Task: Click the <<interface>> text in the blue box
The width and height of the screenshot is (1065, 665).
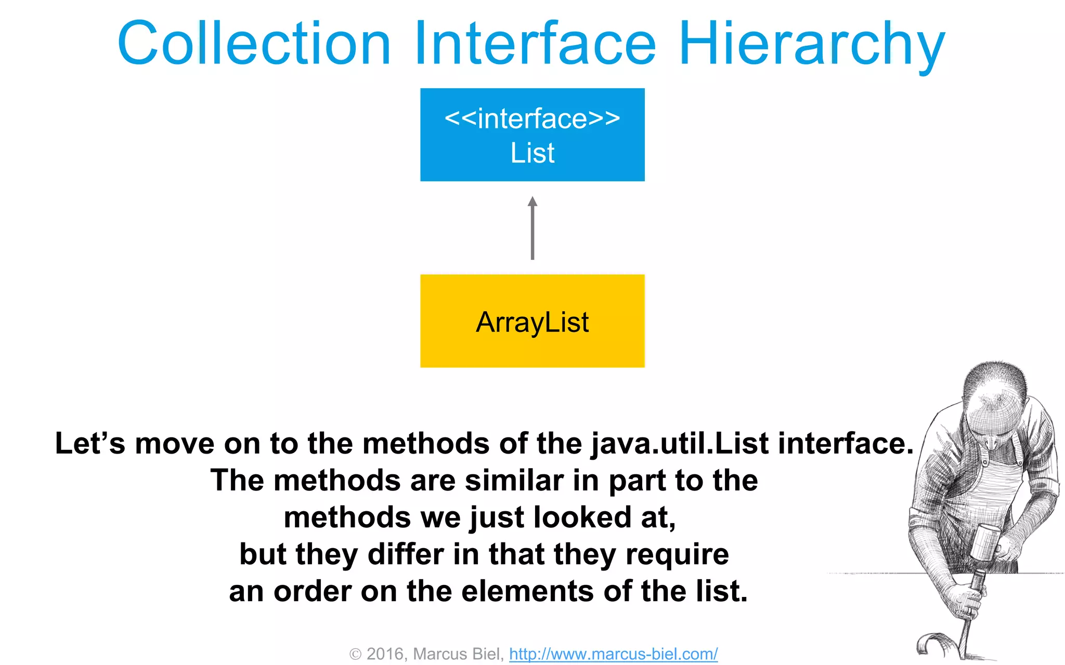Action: click(532, 118)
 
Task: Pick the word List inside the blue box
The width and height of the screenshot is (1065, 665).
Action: click(532, 153)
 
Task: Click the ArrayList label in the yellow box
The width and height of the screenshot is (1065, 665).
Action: click(532, 322)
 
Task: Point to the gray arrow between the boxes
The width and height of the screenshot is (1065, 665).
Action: click(532, 234)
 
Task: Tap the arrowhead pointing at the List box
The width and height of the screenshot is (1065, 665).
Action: click(532, 202)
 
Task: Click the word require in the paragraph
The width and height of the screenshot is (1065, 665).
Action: click(677, 555)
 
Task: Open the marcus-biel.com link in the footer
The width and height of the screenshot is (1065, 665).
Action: click(613, 654)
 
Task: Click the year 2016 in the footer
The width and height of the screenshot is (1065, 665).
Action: click(385, 654)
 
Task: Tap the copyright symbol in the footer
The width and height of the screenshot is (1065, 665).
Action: click(355, 654)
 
